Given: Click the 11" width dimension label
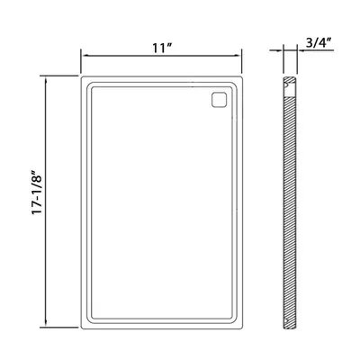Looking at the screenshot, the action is tap(162, 48).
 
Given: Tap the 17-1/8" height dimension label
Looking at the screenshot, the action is tap(38, 193).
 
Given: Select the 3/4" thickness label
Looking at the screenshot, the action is tap(319, 43).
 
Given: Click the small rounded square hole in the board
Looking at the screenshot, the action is tap(219, 99).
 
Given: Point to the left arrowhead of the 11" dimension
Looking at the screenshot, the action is tap(85, 55).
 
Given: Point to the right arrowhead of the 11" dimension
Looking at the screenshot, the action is tap(238, 55).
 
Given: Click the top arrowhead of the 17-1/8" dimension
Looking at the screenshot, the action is tap(46, 80).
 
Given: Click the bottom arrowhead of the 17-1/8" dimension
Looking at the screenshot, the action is tap(46, 323).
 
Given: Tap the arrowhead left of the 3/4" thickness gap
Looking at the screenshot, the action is tap(280, 50).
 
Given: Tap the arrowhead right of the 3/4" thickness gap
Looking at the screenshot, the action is tap(301, 50).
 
